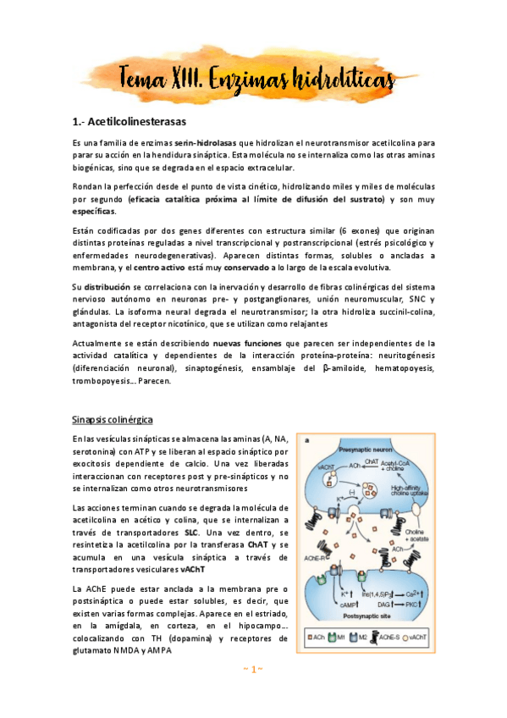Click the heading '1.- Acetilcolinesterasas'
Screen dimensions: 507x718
(x=130, y=122)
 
